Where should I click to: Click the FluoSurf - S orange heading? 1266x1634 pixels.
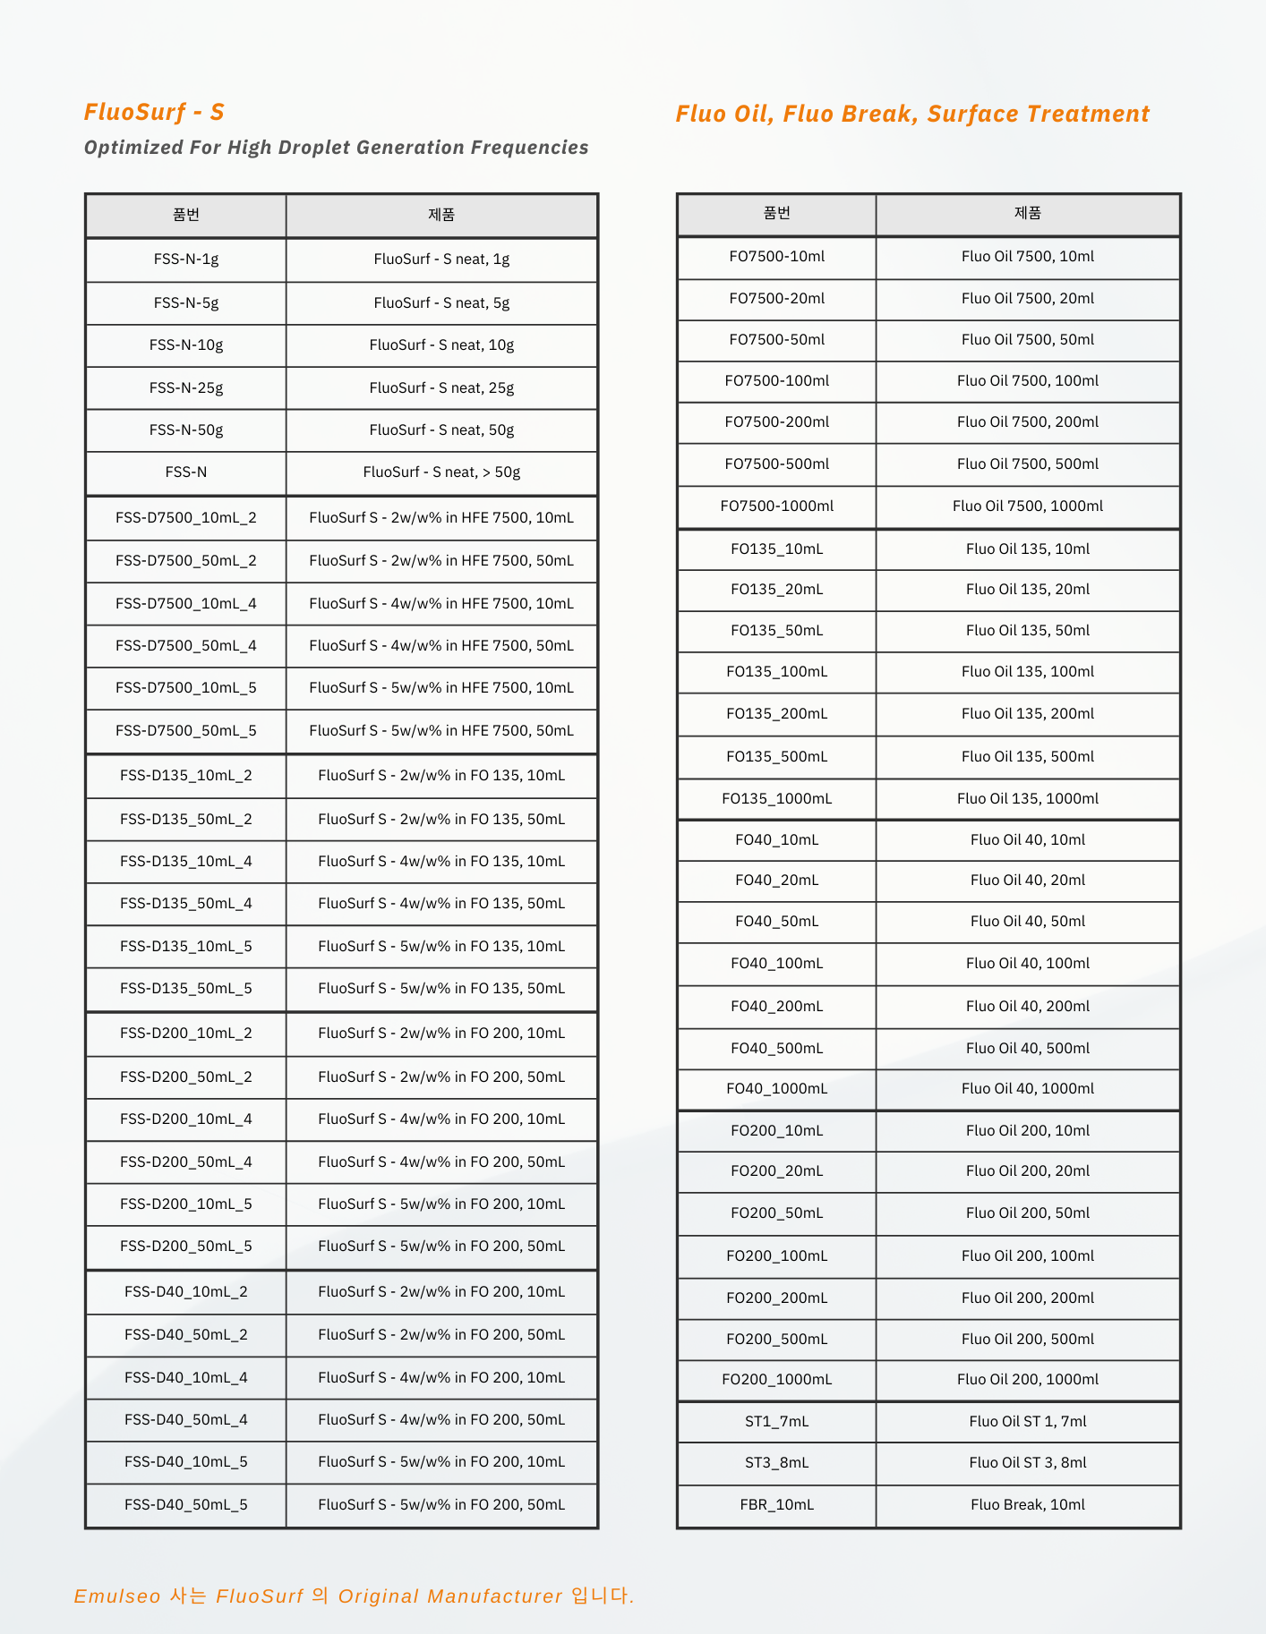coord(154,112)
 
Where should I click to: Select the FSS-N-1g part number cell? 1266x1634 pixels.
coord(186,260)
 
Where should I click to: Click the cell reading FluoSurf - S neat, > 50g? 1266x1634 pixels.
coord(441,472)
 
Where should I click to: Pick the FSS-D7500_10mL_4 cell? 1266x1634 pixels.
coord(186,604)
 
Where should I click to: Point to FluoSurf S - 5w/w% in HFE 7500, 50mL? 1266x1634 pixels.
coord(441,731)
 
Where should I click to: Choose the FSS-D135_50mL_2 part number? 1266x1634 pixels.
coord(186,820)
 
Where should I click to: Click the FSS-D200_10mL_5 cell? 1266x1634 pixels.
coord(186,1204)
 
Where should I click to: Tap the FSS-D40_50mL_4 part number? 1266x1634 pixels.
coord(186,1420)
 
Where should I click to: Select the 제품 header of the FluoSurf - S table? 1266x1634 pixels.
coord(441,215)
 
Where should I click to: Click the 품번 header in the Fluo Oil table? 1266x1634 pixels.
coord(776,213)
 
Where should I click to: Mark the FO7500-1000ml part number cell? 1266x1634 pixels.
coord(776,506)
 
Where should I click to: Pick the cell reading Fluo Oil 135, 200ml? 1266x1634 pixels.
coord(1028,714)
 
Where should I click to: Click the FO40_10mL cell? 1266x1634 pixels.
coord(776,840)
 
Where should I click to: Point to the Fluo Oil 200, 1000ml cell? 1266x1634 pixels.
coord(1028,1380)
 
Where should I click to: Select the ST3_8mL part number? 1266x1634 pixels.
coord(776,1463)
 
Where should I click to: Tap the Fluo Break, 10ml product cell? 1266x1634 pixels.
coord(1028,1505)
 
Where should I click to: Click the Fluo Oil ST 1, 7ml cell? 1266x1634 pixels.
coord(1028,1422)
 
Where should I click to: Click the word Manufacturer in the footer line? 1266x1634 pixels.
coord(494,1596)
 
